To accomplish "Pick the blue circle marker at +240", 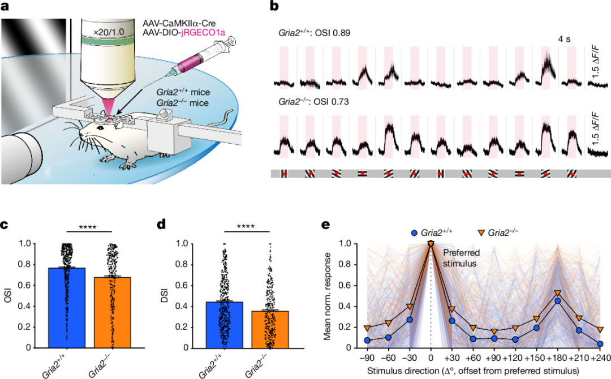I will point(600,343).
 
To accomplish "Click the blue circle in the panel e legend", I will point(415,231).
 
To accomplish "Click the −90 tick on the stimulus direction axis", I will point(368,358).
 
